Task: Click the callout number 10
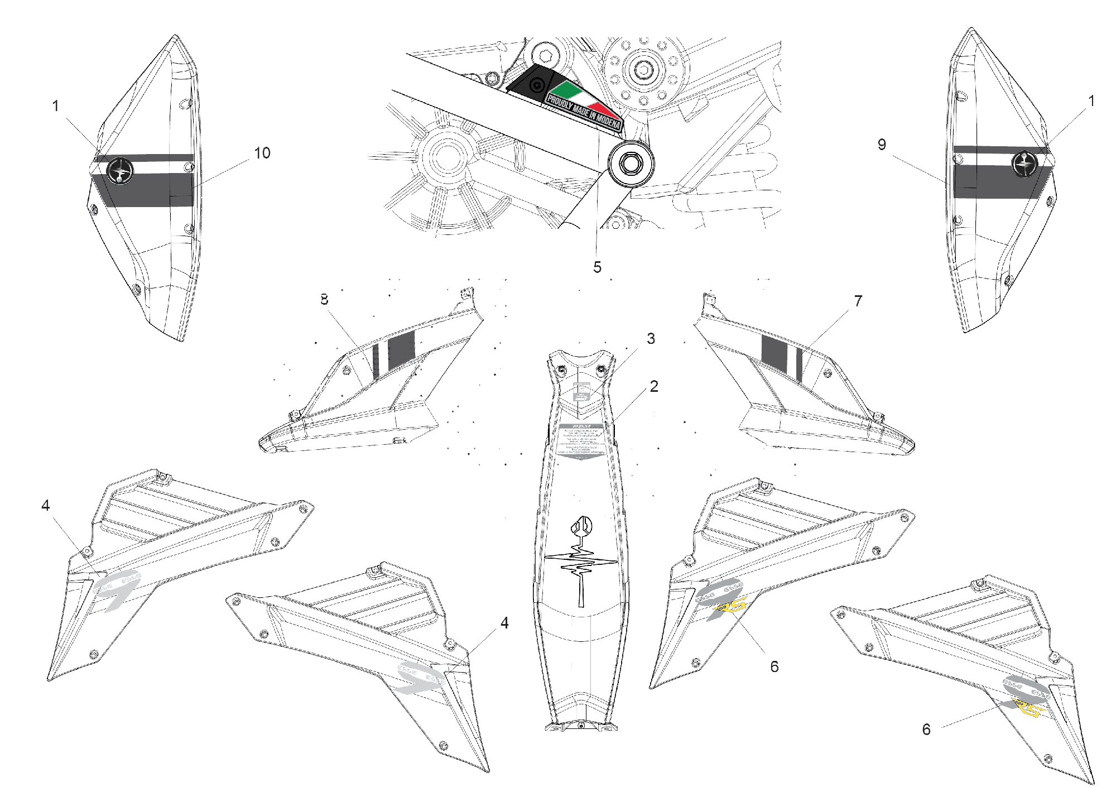[x=262, y=153]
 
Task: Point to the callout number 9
[x=882, y=145]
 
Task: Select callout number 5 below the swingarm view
[x=597, y=267]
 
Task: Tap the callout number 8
[x=324, y=300]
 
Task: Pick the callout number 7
[x=858, y=301]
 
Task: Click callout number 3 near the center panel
[x=651, y=339]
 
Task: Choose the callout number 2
[x=654, y=386]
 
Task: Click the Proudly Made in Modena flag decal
[x=583, y=106]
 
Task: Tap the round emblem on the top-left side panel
[x=120, y=170]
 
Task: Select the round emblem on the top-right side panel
[x=1024, y=163]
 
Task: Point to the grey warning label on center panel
[x=581, y=441]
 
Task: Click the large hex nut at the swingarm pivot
[x=631, y=164]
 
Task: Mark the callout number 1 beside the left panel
[x=55, y=105]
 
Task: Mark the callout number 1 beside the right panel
[x=1091, y=101]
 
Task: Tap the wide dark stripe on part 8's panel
[x=402, y=349]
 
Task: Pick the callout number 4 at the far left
[x=45, y=506]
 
